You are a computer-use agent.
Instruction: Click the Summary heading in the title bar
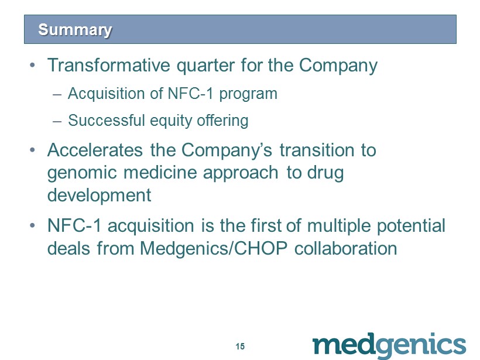(x=75, y=30)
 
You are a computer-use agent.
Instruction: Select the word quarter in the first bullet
(x=205, y=66)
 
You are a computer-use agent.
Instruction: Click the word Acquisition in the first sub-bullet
(x=106, y=94)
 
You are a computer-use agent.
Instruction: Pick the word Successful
(x=106, y=120)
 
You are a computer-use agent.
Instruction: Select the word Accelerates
(x=95, y=150)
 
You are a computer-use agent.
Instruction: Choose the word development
(x=99, y=196)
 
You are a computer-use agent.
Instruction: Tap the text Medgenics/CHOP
(x=214, y=248)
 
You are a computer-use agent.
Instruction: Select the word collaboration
(x=345, y=248)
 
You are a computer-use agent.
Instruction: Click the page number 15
(x=241, y=346)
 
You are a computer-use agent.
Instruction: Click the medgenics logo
(x=389, y=345)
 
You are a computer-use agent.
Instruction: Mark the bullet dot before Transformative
(x=32, y=66)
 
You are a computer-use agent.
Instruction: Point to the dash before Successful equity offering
(x=57, y=121)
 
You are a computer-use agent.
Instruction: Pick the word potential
(x=411, y=226)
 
